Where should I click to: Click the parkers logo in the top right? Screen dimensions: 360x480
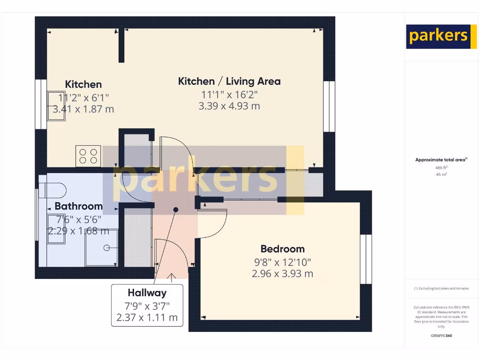(x=438, y=37)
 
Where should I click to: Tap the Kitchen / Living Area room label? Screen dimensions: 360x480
(x=229, y=81)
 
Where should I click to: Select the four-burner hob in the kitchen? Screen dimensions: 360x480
(x=88, y=156)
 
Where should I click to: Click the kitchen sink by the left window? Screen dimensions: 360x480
(x=56, y=106)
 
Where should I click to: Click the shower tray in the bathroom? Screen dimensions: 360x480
(x=101, y=247)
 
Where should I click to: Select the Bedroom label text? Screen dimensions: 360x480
(x=282, y=249)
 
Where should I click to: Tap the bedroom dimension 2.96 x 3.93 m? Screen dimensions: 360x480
(x=282, y=274)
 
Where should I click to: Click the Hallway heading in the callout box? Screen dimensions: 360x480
(x=147, y=293)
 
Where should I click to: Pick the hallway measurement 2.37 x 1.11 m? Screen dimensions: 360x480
(x=147, y=318)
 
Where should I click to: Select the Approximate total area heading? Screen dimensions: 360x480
(x=441, y=160)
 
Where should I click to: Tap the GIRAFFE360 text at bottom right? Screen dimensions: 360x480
(x=441, y=336)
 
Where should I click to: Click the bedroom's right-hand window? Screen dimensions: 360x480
(x=366, y=259)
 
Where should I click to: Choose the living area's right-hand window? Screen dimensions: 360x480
(x=329, y=106)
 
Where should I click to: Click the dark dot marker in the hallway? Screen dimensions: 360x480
(x=176, y=210)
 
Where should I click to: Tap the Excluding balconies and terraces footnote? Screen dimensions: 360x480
(x=441, y=289)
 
